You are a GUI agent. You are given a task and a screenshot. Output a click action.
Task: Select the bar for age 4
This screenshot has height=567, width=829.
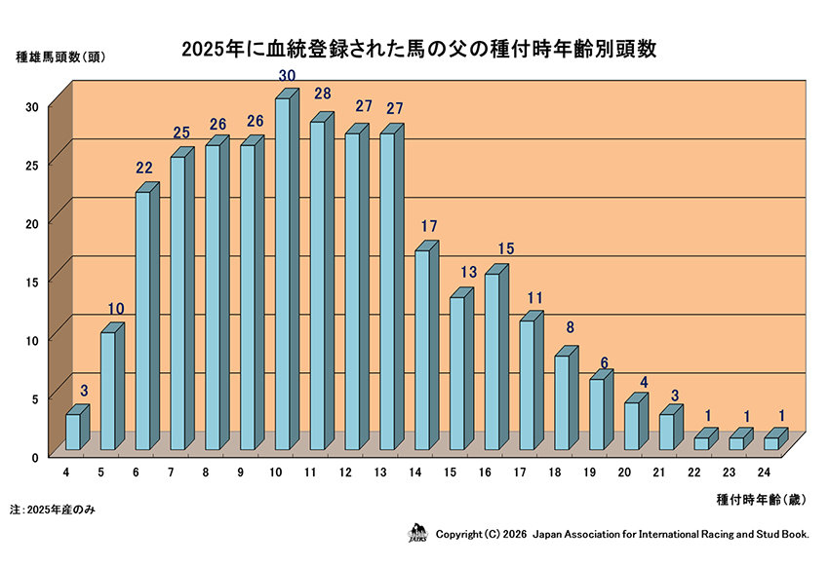pos(73,431)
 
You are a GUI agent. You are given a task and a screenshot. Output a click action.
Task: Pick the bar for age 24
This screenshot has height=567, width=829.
pos(770,442)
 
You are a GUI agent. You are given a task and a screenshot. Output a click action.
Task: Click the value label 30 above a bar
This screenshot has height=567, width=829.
pos(287,75)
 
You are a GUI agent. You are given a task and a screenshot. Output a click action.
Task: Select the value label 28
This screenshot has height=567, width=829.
pos(323,94)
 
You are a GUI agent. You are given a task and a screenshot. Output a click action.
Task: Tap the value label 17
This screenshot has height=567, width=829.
pos(428,226)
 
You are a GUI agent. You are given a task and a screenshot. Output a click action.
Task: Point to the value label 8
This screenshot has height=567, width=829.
pos(569,327)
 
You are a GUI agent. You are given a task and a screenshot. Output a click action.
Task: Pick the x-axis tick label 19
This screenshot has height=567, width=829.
pos(590,473)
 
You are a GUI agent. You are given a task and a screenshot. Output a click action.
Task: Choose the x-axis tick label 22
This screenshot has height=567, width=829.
pos(695,473)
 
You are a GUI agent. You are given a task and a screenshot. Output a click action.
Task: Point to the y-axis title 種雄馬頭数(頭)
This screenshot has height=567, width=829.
pos(60,57)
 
